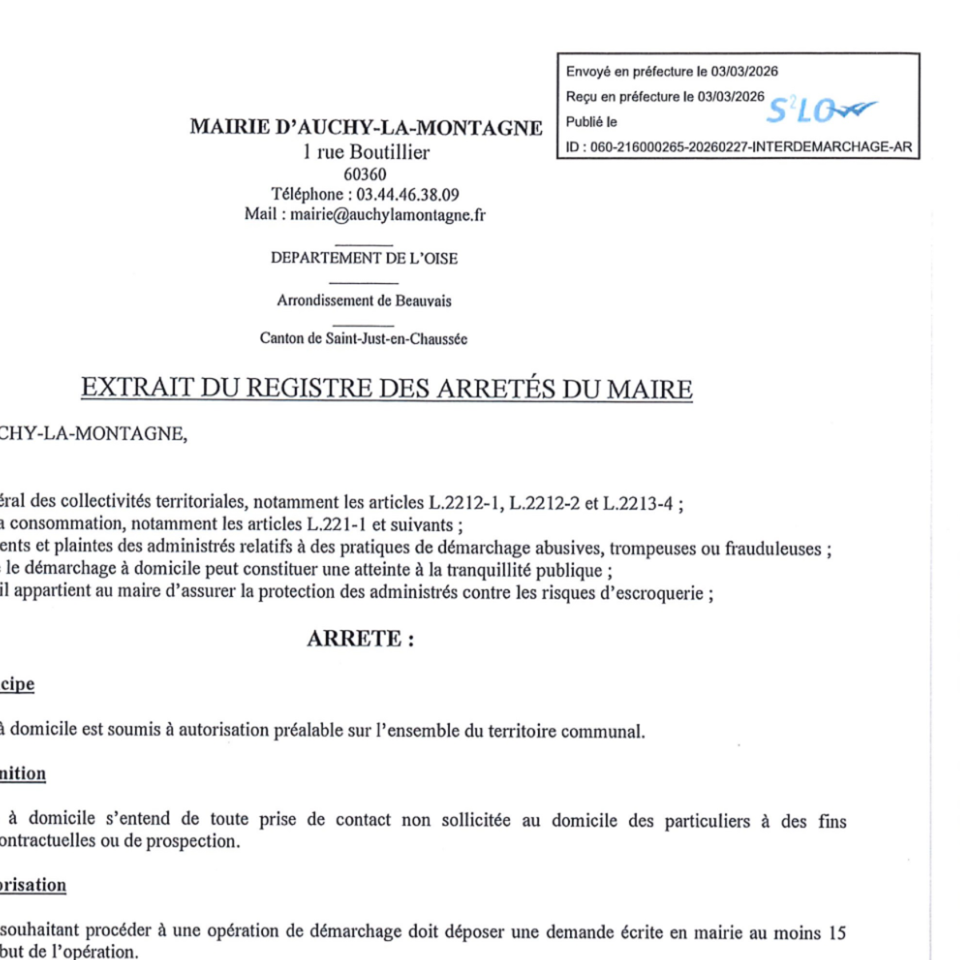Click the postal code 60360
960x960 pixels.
tap(365, 174)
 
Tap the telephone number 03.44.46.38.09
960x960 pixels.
tap(408, 194)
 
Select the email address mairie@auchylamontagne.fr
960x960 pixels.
tap(388, 214)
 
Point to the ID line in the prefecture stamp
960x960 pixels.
tap(739, 147)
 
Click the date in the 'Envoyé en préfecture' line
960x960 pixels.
tap(744, 71)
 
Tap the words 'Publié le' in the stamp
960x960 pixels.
tap(592, 122)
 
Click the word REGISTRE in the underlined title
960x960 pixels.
tap(310, 388)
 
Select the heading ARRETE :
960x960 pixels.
tap(360, 639)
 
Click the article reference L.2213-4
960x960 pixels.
tap(639, 503)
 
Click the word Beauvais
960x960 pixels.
tap(424, 301)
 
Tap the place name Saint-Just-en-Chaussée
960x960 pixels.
tap(396, 339)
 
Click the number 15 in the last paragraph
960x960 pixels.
tap(837, 933)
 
